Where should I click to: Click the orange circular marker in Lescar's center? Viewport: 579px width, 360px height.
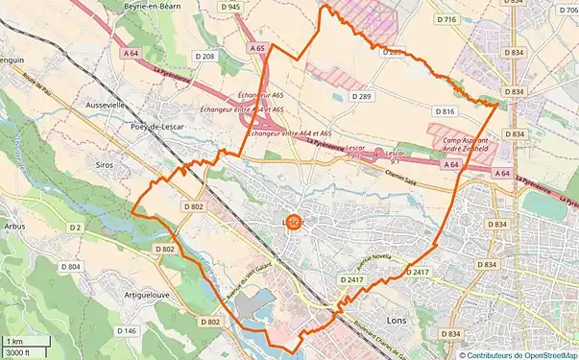[294, 222]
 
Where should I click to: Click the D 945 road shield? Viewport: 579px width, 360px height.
[230, 6]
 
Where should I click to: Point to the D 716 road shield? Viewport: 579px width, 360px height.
[446, 19]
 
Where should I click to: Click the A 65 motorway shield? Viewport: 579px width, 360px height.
[256, 47]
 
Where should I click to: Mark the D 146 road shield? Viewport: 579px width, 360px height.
[127, 330]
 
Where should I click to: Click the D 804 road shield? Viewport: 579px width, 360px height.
[70, 266]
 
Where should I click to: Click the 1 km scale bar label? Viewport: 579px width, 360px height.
[14, 341]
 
